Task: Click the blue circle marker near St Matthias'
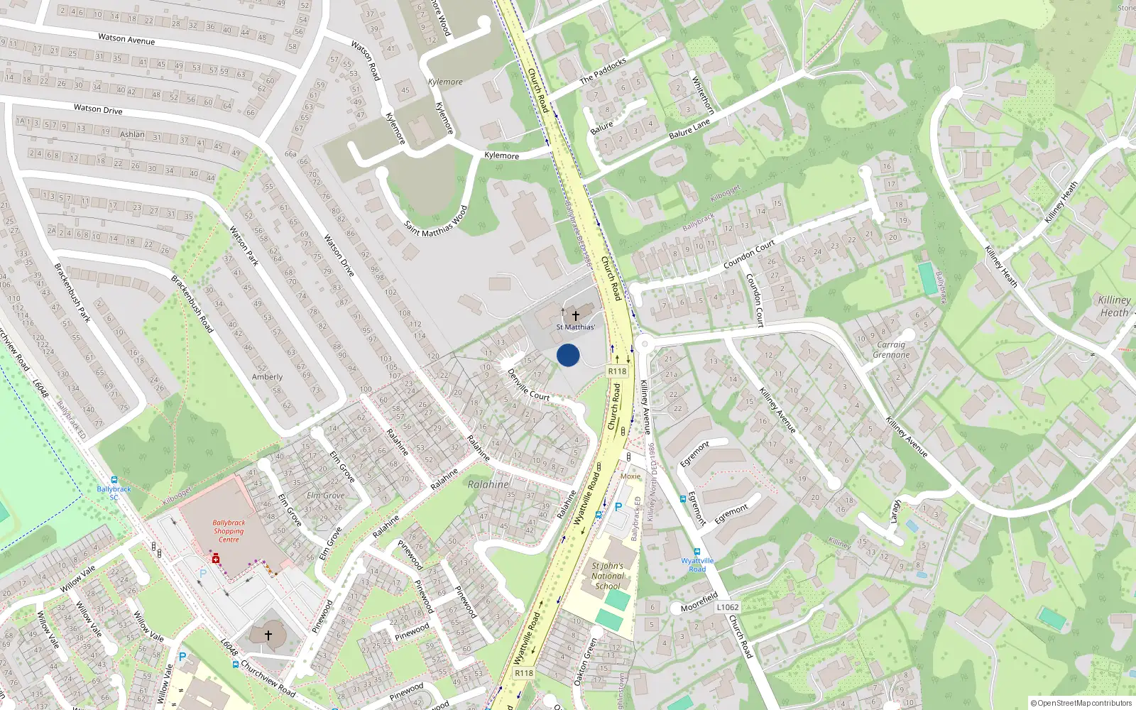[568, 355]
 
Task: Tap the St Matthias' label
[575, 327]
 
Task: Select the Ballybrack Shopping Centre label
[229, 531]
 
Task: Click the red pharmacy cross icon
[215, 559]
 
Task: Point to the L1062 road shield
[727, 607]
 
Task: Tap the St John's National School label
[608, 576]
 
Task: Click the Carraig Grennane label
[891, 350]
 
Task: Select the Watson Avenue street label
[126, 39]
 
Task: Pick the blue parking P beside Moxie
[618, 507]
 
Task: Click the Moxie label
[630, 476]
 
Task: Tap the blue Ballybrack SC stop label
[114, 492]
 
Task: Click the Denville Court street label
[528, 385]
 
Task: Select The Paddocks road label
[603, 72]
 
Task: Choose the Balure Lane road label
[689, 129]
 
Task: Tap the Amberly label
[267, 377]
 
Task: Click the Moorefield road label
[699, 603]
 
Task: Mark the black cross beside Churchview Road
[268, 635]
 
